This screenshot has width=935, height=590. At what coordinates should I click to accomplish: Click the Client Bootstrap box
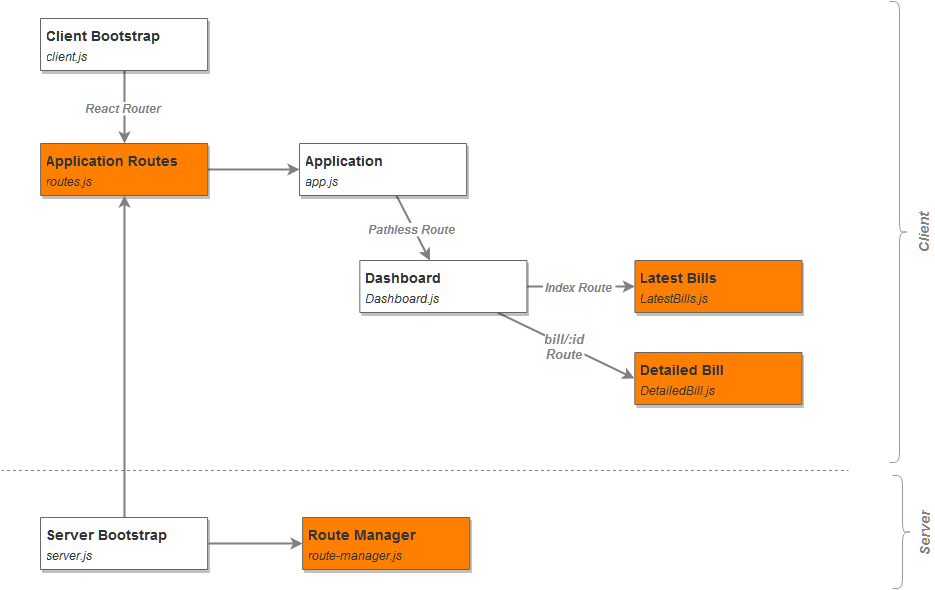124,45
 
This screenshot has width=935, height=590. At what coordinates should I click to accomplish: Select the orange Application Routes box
124,169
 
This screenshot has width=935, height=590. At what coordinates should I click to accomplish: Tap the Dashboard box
443,286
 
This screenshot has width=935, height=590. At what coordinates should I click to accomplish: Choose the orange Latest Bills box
718,286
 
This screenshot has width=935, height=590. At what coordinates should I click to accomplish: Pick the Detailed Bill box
718,379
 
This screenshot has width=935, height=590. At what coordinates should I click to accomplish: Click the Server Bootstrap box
124,543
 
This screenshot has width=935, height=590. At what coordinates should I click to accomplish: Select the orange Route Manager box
386,543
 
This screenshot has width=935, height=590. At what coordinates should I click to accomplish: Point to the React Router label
123,109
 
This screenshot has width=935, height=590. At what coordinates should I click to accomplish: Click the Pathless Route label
411,230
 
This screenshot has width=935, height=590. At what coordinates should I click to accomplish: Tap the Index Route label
578,288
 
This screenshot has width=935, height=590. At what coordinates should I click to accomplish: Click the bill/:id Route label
564,347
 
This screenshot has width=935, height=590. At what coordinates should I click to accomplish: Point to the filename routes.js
69,182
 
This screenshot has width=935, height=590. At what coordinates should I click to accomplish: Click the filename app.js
322,182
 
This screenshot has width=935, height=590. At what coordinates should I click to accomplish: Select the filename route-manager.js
355,556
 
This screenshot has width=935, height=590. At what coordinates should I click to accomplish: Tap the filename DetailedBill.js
677,391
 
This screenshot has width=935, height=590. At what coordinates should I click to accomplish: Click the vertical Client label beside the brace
924,231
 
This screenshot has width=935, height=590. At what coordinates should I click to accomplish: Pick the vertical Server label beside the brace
924,532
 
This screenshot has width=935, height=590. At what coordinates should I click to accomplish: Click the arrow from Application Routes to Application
253,169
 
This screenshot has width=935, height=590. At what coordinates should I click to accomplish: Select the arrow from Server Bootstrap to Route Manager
255,543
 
